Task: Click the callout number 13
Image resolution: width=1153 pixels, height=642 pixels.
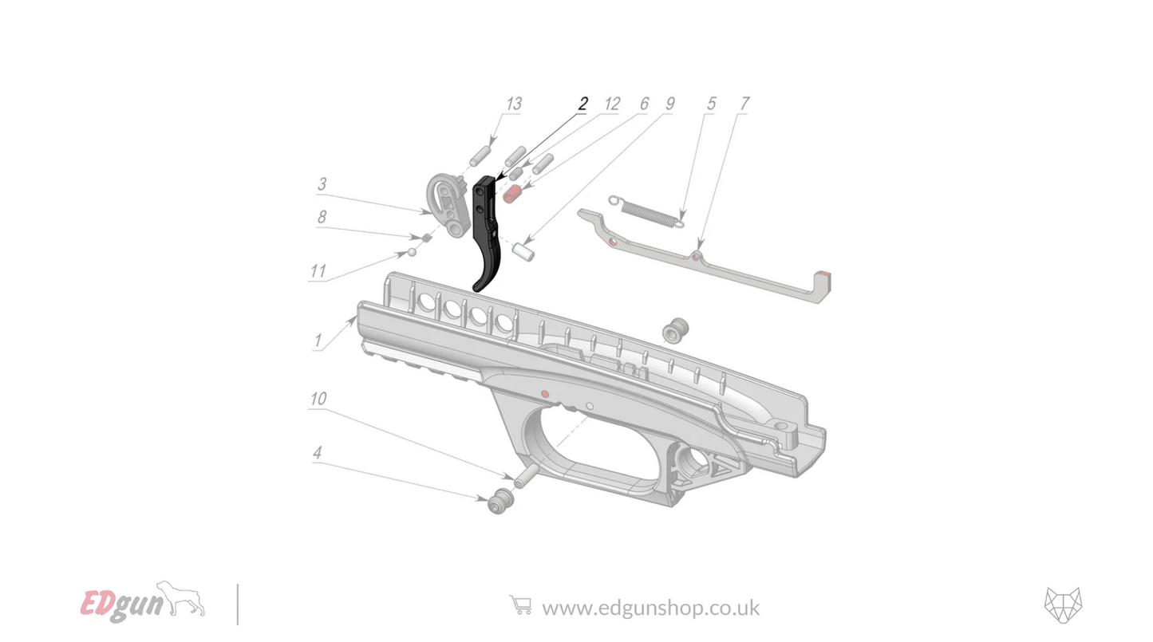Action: point(514,104)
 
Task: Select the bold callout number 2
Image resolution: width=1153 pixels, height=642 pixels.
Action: point(583,104)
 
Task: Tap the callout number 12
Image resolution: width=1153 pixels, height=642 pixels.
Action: point(612,104)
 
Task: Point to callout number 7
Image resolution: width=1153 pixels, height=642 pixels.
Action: point(744,104)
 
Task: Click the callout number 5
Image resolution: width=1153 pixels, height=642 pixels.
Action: point(712,104)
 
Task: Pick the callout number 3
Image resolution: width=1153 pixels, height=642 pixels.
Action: point(322,184)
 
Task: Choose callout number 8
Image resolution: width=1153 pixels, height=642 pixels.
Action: point(322,217)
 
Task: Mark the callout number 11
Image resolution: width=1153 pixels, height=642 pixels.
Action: point(318,272)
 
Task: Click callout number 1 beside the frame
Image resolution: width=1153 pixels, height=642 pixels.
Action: point(318,341)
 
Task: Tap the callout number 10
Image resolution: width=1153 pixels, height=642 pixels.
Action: point(318,399)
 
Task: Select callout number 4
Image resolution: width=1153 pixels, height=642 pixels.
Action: point(317,453)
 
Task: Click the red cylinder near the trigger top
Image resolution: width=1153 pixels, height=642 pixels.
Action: point(512,193)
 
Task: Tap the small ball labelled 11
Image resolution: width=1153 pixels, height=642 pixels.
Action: point(413,253)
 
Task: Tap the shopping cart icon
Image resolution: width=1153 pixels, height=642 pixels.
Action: point(520,605)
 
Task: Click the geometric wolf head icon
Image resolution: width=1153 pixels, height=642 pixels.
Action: point(1063,605)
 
